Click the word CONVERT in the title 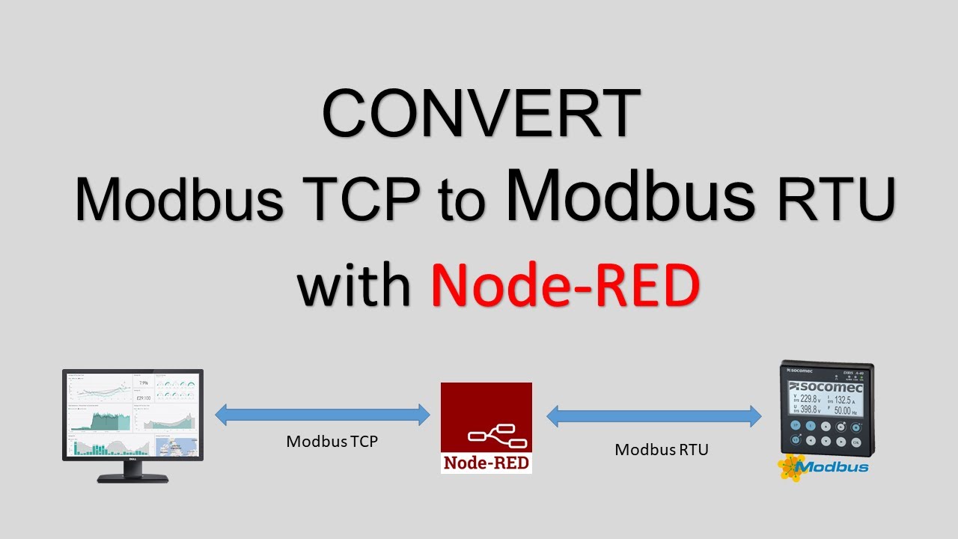click(480, 115)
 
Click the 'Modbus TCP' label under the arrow click(332, 442)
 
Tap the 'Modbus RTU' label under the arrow click(661, 449)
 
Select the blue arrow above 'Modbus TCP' click(323, 414)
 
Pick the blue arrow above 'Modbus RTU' click(653, 416)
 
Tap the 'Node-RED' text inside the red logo click(486, 463)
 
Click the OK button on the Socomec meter click(855, 442)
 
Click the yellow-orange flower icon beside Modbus click(790, 467)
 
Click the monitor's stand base click(132, 477)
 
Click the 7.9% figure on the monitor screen click(143, 383)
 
